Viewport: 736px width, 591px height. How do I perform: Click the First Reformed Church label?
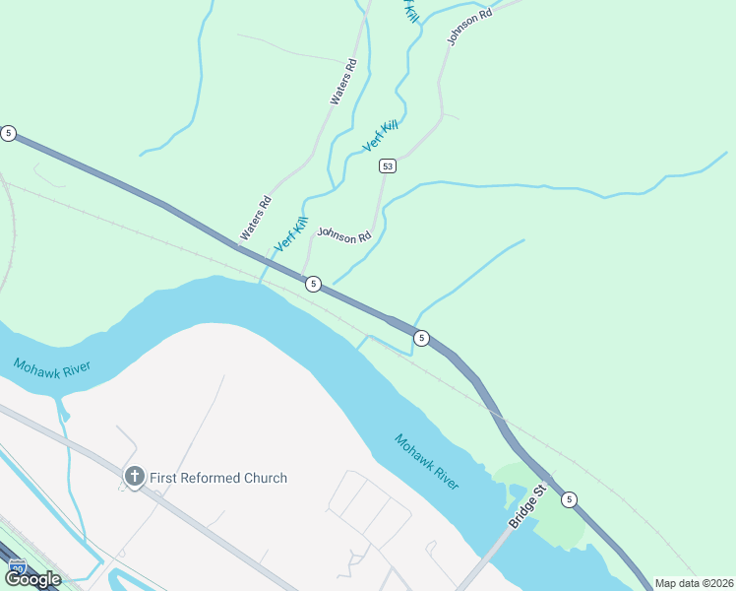(218, 478)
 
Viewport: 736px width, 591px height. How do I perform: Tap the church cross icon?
(134, 477)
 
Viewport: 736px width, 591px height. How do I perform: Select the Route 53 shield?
(388, 165)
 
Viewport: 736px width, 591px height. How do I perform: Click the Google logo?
(33, 579)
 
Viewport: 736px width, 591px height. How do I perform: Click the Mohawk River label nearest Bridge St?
(427, 462)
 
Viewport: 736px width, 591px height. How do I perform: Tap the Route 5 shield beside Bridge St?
(569, 499)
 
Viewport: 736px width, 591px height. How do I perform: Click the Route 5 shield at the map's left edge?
(8, 133)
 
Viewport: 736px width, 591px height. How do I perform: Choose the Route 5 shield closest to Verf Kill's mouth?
(313, 284)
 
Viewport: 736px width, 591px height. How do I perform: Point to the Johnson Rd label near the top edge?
(468, 22)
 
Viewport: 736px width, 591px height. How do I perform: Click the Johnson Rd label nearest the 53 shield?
(344, 235)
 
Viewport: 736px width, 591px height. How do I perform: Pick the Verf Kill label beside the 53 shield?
(380, 135)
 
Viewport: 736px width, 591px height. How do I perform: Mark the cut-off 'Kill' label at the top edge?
(410, 12)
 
